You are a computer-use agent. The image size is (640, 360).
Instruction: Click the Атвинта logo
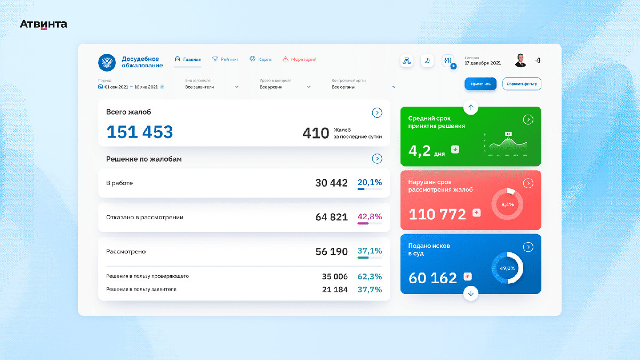tap(44, 24)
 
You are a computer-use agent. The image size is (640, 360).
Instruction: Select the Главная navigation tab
tap(188, 59)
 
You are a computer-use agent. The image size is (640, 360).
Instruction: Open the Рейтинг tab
tap(226, 59)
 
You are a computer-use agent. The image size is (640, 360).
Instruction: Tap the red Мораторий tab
tap(300, 59)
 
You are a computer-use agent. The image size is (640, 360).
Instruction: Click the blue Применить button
tap(480, 84)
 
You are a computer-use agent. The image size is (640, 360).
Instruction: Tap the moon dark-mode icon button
tap(427, 61)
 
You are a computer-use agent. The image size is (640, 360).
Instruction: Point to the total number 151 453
tap(140, 132)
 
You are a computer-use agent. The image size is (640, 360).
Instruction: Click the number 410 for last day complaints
tap(316, 133)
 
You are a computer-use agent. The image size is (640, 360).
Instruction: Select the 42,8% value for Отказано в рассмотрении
tap(370, 217)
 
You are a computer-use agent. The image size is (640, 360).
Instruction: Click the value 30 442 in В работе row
tap(331, 183)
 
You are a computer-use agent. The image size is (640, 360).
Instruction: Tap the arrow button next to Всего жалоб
tap(377, 113)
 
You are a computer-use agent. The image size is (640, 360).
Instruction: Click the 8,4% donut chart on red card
tap(507, 204)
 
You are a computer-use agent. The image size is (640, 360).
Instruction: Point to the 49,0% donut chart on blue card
tap(507, 268)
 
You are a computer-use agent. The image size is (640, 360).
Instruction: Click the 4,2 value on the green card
tap(419, 151)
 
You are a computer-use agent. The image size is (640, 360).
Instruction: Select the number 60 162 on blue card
tap(433, 278)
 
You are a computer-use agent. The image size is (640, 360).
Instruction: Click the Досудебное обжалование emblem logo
tap(107, 62)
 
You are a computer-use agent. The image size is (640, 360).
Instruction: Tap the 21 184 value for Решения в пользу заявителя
tap(334, 290)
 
